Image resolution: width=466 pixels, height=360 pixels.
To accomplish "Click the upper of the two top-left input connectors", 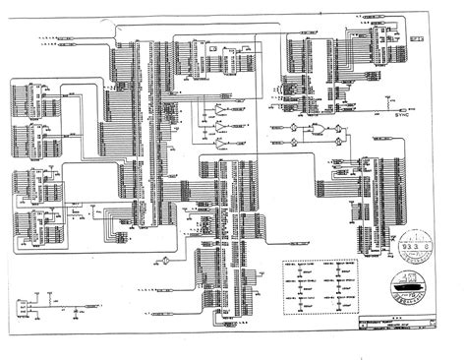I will pyautogui.click(x=69, y=35).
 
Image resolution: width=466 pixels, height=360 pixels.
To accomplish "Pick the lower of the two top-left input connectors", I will pyautogui.click(x=69, y=45).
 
